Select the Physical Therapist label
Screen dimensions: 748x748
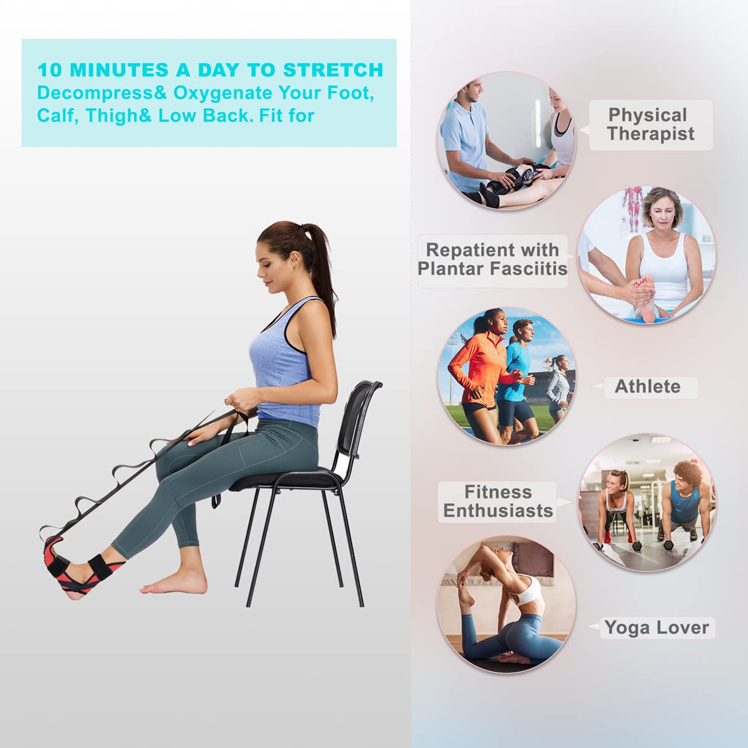[x=650, y=124]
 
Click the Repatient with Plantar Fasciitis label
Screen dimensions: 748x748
[x=492, y=259]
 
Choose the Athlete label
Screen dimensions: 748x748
[x=648, y=386]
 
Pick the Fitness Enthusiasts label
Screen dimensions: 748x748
[x=497, y=501]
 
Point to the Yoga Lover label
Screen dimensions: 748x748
[x=656, y=627]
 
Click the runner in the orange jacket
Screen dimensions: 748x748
[x=477, y=368]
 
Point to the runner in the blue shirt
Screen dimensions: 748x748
[x=517, y=374]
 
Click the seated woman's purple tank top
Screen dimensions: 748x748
[x=280, y=362]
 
